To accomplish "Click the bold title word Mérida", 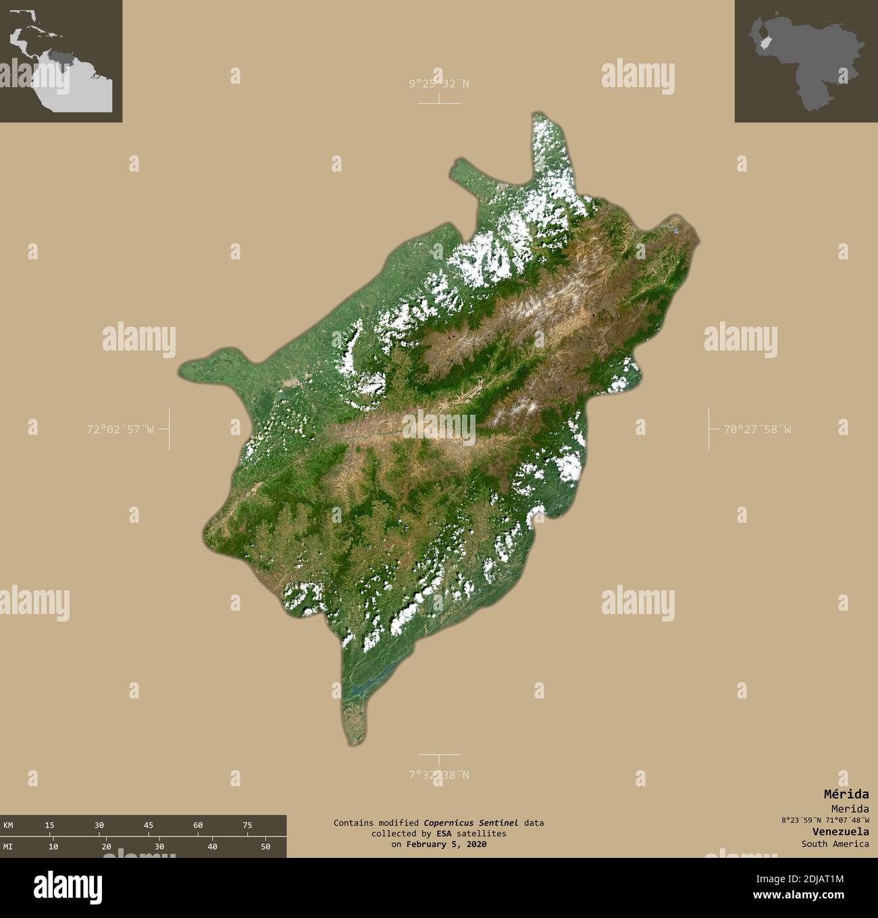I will pos(846,794).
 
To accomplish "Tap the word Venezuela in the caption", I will pos(841,832).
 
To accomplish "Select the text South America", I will pos(835,844).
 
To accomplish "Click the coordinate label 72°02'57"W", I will pos(120,428).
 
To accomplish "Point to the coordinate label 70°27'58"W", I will pos(757,428).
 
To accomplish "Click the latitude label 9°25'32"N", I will pos(438,84).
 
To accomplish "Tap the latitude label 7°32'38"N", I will pos(438,775).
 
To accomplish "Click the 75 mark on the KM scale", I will pos(247,825).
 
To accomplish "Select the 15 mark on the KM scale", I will pos(50,825).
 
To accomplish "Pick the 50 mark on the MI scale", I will pos(266,846).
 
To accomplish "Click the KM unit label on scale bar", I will pos(8,825).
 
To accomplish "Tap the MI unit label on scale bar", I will pos(8,846).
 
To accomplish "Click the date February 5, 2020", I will pos(447,844).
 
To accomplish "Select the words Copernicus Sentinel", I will pos(471,823).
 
